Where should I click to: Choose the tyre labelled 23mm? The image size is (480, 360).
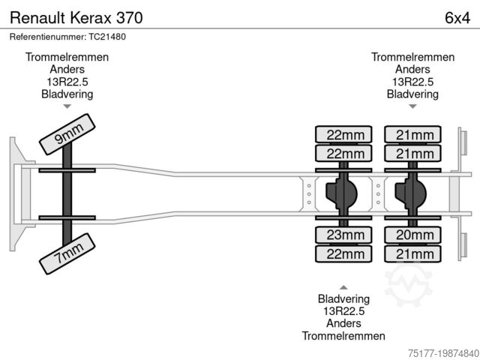click(344, 236)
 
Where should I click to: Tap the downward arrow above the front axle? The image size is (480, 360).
click(67, 107)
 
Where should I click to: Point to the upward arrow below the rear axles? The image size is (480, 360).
click(343, 286)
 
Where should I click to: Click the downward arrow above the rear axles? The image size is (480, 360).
click(412, 107)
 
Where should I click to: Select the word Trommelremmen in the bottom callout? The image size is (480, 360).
click(343, 335)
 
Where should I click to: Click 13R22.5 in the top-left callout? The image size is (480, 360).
click(67, 82)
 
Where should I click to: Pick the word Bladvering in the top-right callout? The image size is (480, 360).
click(412, 94)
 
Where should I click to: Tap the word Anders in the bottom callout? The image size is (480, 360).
click(343, 323)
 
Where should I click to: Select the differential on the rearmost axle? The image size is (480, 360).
click(411, 193)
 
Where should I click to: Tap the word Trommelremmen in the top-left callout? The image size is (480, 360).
click(67, 58)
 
